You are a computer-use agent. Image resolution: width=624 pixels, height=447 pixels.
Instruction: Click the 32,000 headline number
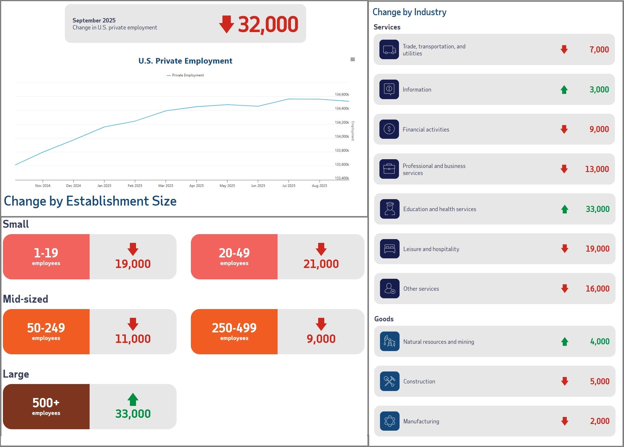click(x=268, y=24)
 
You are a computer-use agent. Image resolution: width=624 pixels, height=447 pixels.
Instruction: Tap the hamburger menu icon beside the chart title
click(x=353, y=59)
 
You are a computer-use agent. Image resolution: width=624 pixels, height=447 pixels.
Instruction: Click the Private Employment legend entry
click(x=186, y=75)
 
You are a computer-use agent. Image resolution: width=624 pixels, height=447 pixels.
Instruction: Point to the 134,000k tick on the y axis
click(x=342, y=136)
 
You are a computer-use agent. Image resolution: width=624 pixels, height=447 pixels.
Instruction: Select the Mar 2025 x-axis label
click(x=165, y=186)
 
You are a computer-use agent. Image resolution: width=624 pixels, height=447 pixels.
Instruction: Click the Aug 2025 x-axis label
click(x=319, y=186)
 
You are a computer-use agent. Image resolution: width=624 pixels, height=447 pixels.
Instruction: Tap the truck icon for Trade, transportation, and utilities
click(x=389, y=50)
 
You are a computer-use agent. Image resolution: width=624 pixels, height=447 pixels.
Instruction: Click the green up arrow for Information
click(x=564, y=90)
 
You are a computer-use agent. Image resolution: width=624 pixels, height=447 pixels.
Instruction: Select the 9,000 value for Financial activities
click(x=599, y=129)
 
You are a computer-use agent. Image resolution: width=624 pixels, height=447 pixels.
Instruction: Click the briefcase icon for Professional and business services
click(x=389, y=169)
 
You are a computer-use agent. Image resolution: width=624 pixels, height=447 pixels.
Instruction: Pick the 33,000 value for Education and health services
click(x=597, y=209)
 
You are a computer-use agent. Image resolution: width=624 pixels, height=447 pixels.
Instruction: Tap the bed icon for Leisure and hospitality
click(x=390, y=249)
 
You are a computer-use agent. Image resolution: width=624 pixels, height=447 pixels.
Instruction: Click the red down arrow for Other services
click(x=564, y=289)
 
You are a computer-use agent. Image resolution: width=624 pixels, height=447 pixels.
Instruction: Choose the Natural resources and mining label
click(x=438, y=342)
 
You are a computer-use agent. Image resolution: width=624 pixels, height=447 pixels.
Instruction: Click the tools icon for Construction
click(x=390, y=381)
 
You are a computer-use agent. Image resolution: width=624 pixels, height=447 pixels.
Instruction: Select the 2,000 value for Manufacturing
click(x=599, y=421)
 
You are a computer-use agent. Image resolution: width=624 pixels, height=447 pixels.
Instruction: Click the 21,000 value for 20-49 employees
click(x=321, y=264)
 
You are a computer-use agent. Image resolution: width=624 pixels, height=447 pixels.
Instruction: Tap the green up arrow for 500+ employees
click(x=133, y=399)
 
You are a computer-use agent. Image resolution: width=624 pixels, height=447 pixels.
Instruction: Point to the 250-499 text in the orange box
click(x=234, y=328)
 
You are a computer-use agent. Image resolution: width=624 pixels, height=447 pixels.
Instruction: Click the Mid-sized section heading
click(x=26, y=299)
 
